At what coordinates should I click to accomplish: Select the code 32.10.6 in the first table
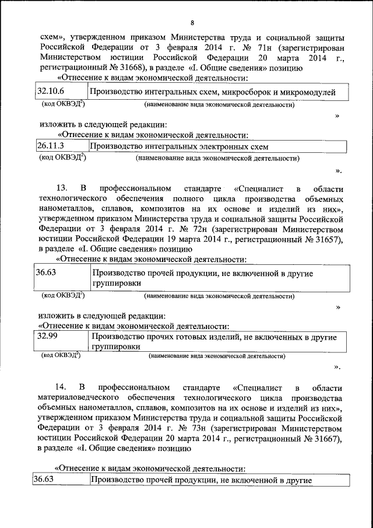click(x=51, y=92)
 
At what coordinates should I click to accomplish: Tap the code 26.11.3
click(x=50, y=146)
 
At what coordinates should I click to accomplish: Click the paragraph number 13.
click(x=61, y=188)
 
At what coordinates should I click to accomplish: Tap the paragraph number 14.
click(x=61, y=387)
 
